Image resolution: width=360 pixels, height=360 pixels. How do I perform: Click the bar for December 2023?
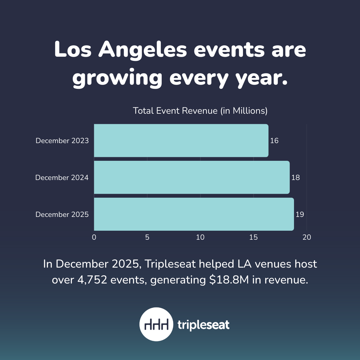(x=181, y=140)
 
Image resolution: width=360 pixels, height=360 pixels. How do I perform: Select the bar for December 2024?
(x=192, y=177)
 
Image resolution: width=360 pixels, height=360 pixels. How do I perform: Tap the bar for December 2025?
(x=194, y=214)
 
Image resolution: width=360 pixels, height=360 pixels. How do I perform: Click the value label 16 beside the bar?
(x=274, y=140)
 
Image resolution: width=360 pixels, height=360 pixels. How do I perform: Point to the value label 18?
(x=295, y=178)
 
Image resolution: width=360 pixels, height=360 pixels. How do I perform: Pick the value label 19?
(x=300, y=214)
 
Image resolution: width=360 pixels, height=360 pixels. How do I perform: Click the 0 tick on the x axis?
(x=94, y=237)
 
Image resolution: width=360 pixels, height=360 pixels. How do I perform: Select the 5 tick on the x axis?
(x=147, y=237)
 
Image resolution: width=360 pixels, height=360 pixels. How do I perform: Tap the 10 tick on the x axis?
(x=200, y=237)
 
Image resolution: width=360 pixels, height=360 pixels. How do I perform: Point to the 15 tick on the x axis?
(x=253, y=237)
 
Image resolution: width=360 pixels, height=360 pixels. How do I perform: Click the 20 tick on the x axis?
(x=307, y=237)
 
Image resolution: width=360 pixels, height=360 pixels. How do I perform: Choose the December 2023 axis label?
(x=62, y=141)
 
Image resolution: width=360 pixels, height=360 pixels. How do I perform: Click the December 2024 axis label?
(x=62, y=178)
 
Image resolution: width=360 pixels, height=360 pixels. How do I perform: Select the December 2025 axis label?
(x=62, y=214)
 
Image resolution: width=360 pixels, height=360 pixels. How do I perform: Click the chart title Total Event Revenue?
(x=200, y=111)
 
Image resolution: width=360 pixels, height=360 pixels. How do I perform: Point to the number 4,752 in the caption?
(x=92, y=280)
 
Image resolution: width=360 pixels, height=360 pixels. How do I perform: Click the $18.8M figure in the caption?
(x=229, y=280)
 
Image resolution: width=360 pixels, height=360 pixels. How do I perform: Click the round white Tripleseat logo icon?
(x=156, y=324)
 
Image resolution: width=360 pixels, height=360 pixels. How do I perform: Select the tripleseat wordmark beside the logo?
(x=203, y=325)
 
